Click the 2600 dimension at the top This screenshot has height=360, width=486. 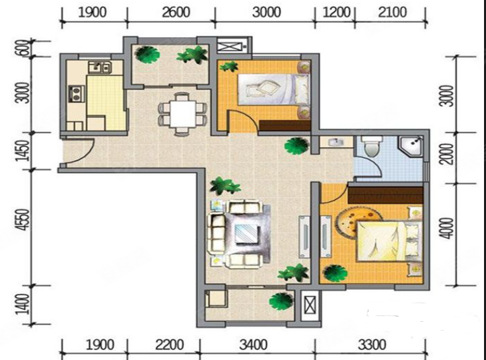point(176,13)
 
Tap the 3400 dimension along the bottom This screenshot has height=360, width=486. point(253,345)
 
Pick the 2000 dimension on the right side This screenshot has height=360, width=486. point(447,154)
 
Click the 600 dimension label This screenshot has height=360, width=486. point(24,49)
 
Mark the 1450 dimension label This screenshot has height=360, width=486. point(24,151)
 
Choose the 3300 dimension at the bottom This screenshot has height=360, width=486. point(372,345)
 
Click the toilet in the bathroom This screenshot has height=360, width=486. point(372,146)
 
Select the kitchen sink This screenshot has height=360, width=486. point(100,67)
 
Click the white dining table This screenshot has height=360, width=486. point(183,114)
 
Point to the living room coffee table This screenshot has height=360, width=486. point(247,234)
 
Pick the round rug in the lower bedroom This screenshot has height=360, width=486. point(353,222)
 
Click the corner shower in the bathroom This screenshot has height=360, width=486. point(411,145)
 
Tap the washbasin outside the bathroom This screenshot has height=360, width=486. point(335,142)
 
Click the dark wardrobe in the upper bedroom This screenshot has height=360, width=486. point(285,126)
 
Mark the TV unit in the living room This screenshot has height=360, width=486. point(304,236)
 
